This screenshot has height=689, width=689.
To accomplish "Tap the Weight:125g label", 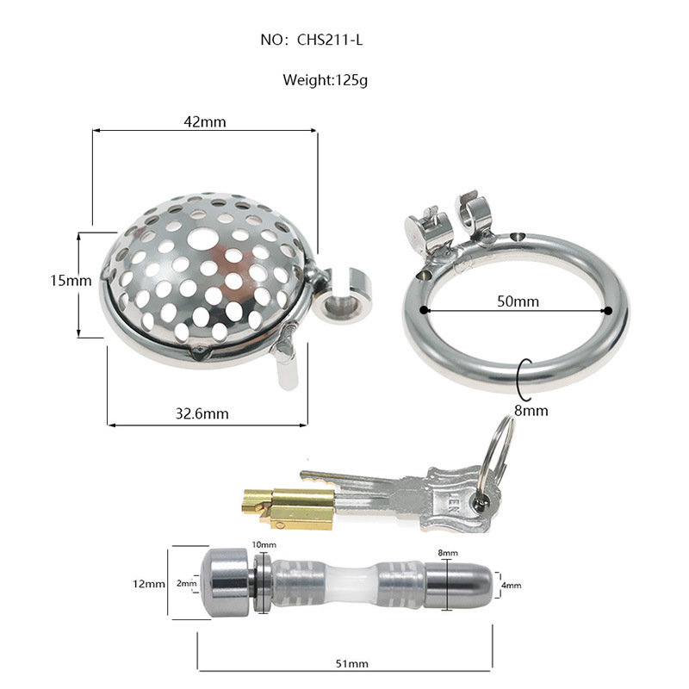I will [325, 81].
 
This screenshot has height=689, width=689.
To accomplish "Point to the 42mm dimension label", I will [205, 121].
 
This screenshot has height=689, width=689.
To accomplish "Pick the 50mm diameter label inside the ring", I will [518, 301].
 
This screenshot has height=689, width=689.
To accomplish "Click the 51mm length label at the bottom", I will [347, 663].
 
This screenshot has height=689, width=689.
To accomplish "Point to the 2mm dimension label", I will [186, 584].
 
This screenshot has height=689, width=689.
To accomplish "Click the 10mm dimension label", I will [264, 545].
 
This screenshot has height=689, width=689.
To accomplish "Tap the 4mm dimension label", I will [511, 586].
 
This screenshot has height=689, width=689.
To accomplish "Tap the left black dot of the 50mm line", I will [424, 310].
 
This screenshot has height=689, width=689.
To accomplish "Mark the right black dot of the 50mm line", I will [608, 310].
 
